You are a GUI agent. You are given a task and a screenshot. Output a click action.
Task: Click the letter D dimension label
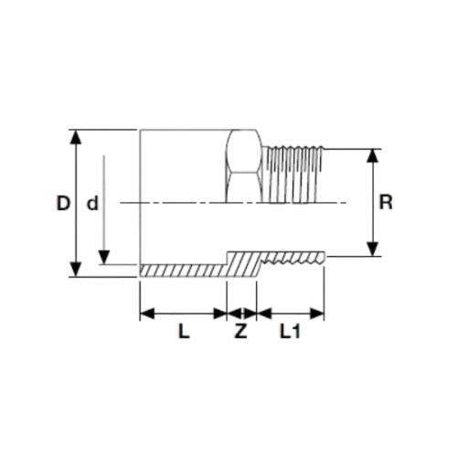[x=63, y=203]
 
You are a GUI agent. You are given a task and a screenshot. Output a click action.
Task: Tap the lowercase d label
[x=92, y=203]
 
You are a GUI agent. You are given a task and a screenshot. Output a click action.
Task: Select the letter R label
[x=386, y=202]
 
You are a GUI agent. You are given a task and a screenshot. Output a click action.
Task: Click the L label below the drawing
[x=184, y=331]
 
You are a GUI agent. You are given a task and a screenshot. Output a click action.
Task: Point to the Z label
[x=241, y=331]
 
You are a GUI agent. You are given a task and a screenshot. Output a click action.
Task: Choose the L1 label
[x=291, y=331]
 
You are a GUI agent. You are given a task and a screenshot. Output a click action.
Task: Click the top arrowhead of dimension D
[x=76, y=137]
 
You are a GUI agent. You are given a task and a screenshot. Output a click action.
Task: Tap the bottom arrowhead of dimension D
[x=76, y=270]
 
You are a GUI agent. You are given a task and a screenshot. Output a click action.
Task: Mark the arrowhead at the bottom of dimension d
[x=104, y=257]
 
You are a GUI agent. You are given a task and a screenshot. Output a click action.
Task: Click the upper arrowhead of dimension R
[x=373, y=155]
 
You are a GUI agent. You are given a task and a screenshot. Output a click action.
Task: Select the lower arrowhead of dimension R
[x=373, y=249]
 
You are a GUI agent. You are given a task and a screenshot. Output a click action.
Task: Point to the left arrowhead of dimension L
[x=147, y=314]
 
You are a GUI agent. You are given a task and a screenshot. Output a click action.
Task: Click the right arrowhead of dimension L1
[x=317, y=314]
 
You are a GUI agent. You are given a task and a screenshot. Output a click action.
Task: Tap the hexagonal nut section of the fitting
[x=244, y=166]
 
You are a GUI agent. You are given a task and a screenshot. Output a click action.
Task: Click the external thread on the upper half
[x=293, y=175]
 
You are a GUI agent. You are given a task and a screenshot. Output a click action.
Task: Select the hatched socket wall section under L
[x=183, y=271]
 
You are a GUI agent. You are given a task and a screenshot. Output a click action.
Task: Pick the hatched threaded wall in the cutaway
[x=293, y=258]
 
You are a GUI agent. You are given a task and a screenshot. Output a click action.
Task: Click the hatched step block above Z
[x=242, y=264]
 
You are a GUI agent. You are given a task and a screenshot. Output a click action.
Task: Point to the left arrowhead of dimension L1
[x=264, y=314]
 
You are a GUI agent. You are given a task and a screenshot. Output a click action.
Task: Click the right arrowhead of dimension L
[x=220, y=314]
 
